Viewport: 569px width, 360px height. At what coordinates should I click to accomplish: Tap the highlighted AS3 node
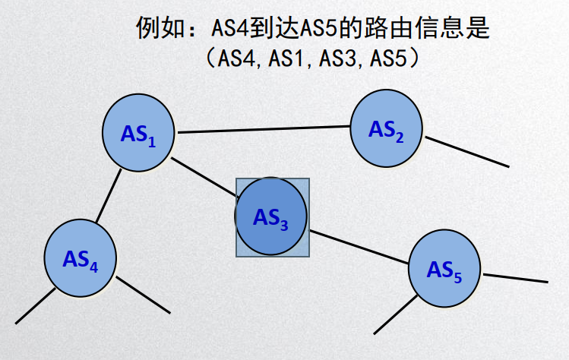coord(271,217)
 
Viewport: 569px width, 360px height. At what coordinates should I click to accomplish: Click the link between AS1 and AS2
coord(263,130)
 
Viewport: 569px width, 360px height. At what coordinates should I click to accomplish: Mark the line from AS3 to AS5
coord(359,248)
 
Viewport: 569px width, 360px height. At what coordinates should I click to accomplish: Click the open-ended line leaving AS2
coord(465,151)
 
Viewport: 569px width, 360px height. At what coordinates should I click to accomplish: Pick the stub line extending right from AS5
coord(515,277)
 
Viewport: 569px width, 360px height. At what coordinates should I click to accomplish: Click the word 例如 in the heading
coord(156,30)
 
